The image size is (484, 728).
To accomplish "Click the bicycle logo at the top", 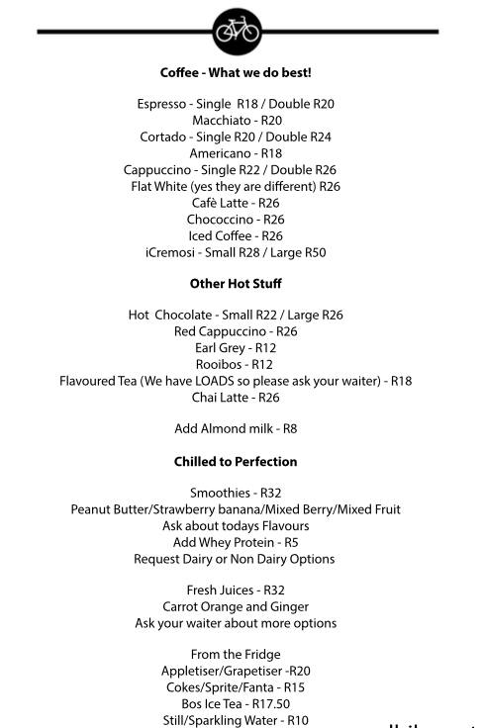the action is click(x=237, y=32).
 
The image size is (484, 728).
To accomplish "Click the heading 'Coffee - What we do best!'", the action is click(x=236, y=73).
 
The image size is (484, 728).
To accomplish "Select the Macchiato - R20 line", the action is click(x=237, y=121).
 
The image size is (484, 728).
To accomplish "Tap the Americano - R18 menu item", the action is click(x=236, y=153).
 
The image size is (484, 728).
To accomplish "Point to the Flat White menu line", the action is click(x=236, y=186).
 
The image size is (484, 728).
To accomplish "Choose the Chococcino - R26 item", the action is click(x=236, y=220).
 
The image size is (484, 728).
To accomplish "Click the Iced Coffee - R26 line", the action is click(x=236, y=235).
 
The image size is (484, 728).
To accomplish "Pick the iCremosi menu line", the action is click(x=236, y=252).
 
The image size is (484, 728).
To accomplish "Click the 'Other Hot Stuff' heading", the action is click(x=236, y=284).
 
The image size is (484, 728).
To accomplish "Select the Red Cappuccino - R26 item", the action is click(x=236, y=331).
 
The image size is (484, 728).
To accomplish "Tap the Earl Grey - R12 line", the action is click(x=236, y=348).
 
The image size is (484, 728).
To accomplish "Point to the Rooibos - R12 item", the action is click(x=236, y=364).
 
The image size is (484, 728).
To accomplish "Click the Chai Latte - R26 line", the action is click(x=236, y=398).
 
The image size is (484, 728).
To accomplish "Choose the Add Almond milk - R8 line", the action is click(x=236, y=429).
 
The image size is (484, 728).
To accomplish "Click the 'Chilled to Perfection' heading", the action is click(x=236, y=462).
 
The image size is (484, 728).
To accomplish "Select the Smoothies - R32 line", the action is click(x=236, y=493).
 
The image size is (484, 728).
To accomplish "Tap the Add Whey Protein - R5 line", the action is click(x=236, y=542).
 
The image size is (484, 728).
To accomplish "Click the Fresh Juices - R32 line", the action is click(x=236, y=591).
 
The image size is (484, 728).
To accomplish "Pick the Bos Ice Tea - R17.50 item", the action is click(x=236, y=703).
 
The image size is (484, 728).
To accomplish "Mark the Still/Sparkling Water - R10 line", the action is click(x=236, y=720).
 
